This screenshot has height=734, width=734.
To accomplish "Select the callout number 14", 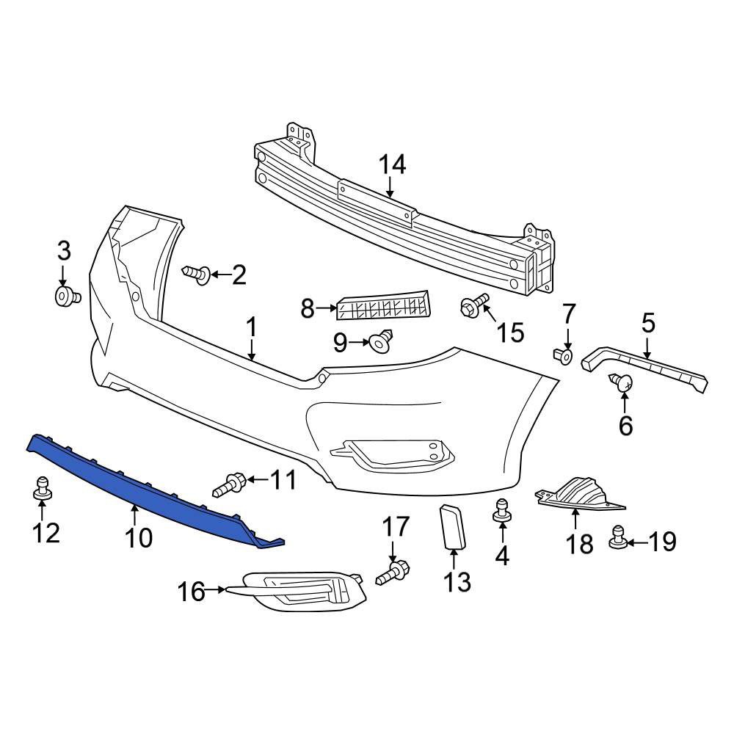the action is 392,165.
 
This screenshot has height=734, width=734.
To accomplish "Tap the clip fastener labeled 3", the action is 68,297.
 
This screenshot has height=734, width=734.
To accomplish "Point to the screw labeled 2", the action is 197,274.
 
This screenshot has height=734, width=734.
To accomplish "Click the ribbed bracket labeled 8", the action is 382,305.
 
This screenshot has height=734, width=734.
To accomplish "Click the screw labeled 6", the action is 621,382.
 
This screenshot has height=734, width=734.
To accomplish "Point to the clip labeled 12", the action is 42,487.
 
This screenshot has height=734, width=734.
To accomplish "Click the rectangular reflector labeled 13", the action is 452,526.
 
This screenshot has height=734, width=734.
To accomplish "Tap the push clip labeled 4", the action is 502,511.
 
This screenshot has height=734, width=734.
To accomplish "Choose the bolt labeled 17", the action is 393,573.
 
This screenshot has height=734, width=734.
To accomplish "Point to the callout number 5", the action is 648,324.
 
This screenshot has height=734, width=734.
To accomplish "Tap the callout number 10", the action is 139,538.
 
